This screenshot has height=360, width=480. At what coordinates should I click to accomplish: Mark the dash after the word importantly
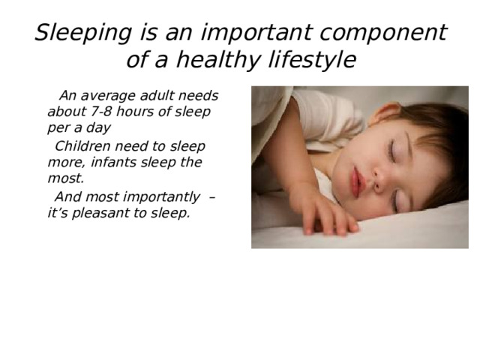(212, 197)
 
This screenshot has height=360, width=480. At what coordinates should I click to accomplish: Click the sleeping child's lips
(358, 182)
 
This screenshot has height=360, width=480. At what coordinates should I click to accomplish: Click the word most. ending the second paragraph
(65, 178)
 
